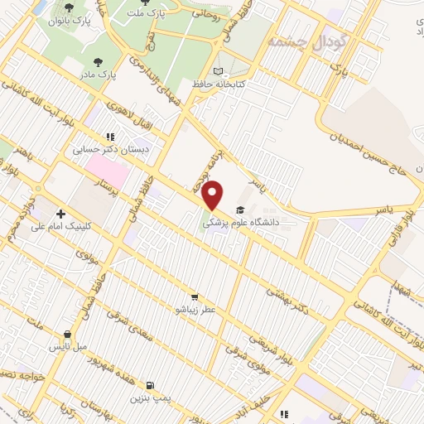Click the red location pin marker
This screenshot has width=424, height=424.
click(214, 195)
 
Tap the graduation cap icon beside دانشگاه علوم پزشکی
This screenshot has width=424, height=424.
click(240, 210)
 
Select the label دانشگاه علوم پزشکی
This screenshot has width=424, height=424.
click(249, 223)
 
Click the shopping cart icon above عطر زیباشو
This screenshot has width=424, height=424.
click(195, 296)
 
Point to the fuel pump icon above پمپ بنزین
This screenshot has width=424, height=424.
click(149, 385)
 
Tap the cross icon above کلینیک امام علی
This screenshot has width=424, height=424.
click(60, 214)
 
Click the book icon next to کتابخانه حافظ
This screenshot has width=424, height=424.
click(219, 71)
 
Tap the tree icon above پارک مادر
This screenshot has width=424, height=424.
click(99, 62)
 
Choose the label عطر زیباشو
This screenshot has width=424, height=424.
click(194, 310)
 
